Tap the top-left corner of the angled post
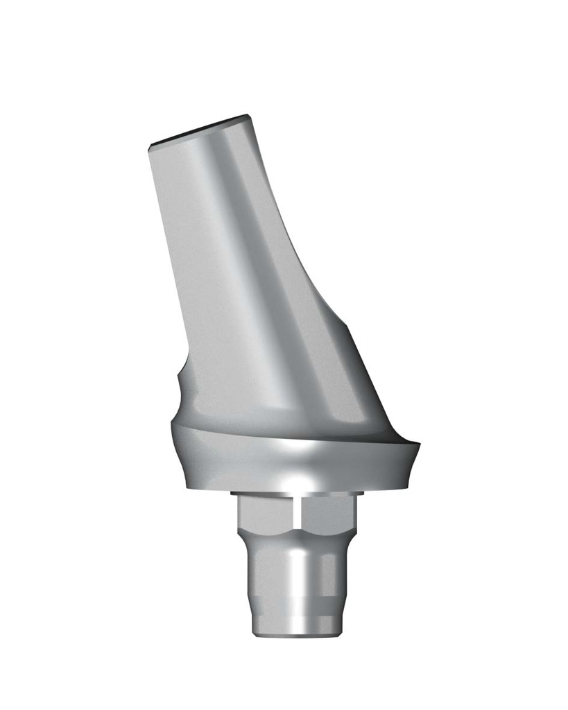pos(150,146)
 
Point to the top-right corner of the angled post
pos(249,116)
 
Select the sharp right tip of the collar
pos(420,444)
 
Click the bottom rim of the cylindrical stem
pos(295,632)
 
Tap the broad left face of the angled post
pos(201,277)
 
